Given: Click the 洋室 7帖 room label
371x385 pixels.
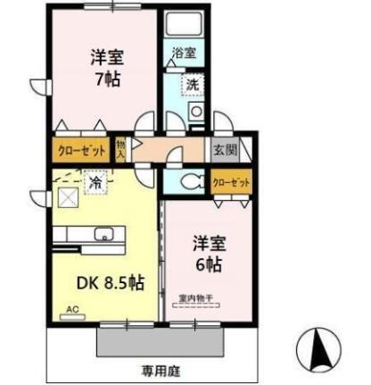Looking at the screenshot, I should point(106,67).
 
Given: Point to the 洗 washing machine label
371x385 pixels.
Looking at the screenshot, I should point(192,84).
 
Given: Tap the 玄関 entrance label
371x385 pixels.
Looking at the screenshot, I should point(223,150).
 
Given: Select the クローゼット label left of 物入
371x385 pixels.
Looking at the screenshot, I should point(82,150).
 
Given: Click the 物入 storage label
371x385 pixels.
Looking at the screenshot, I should point(121,149).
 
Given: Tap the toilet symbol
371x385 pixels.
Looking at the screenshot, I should point(190,181).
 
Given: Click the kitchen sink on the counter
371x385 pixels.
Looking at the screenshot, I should point(104,236).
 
